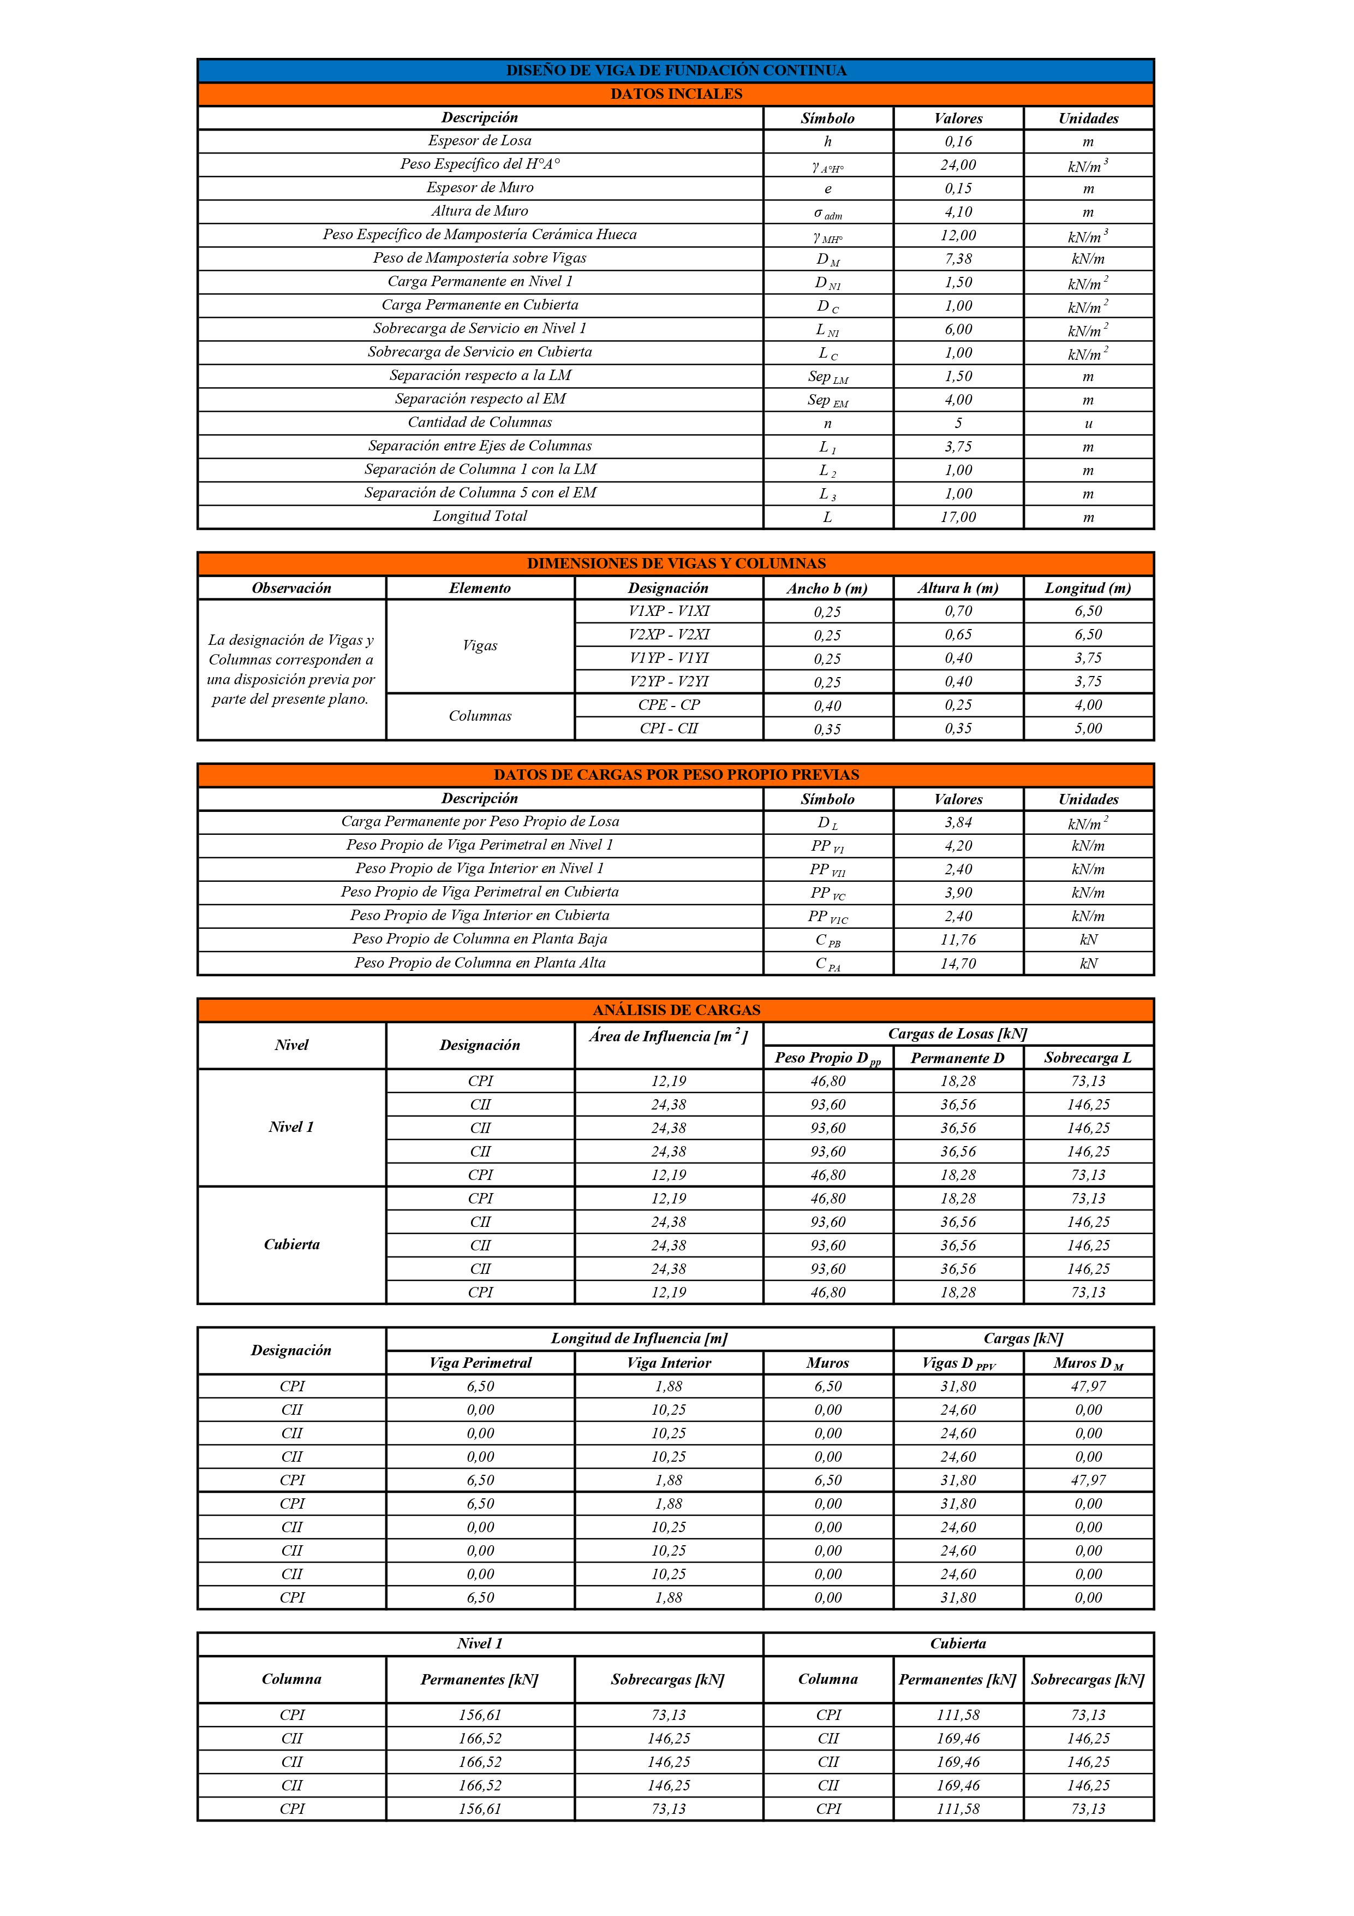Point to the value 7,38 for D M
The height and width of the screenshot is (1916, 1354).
(958, 259)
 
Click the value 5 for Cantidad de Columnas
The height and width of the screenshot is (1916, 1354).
(958, 423)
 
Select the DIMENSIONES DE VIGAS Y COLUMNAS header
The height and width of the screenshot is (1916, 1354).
(676, 564)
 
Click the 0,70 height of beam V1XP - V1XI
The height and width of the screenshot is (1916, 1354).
(958, 611)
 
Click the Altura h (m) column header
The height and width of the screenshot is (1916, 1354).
(958, 588)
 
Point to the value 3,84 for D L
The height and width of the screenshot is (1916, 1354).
(958, 822)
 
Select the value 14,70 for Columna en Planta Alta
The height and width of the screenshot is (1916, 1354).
(958, 963)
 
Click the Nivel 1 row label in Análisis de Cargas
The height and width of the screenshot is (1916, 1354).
(291, 1128)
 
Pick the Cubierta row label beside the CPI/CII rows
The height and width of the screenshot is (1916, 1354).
(291, 1244)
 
